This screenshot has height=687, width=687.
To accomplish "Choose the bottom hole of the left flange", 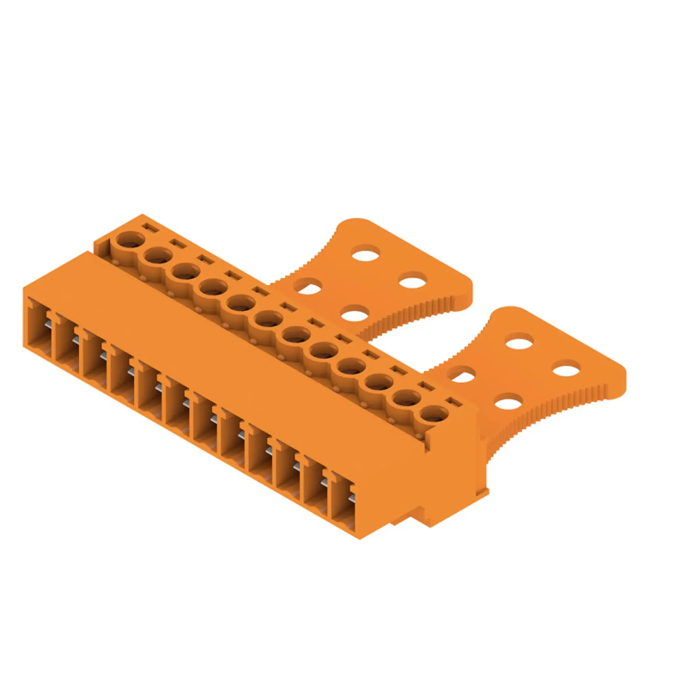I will point(353,313).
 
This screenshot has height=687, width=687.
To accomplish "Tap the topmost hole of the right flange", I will point(519,342).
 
